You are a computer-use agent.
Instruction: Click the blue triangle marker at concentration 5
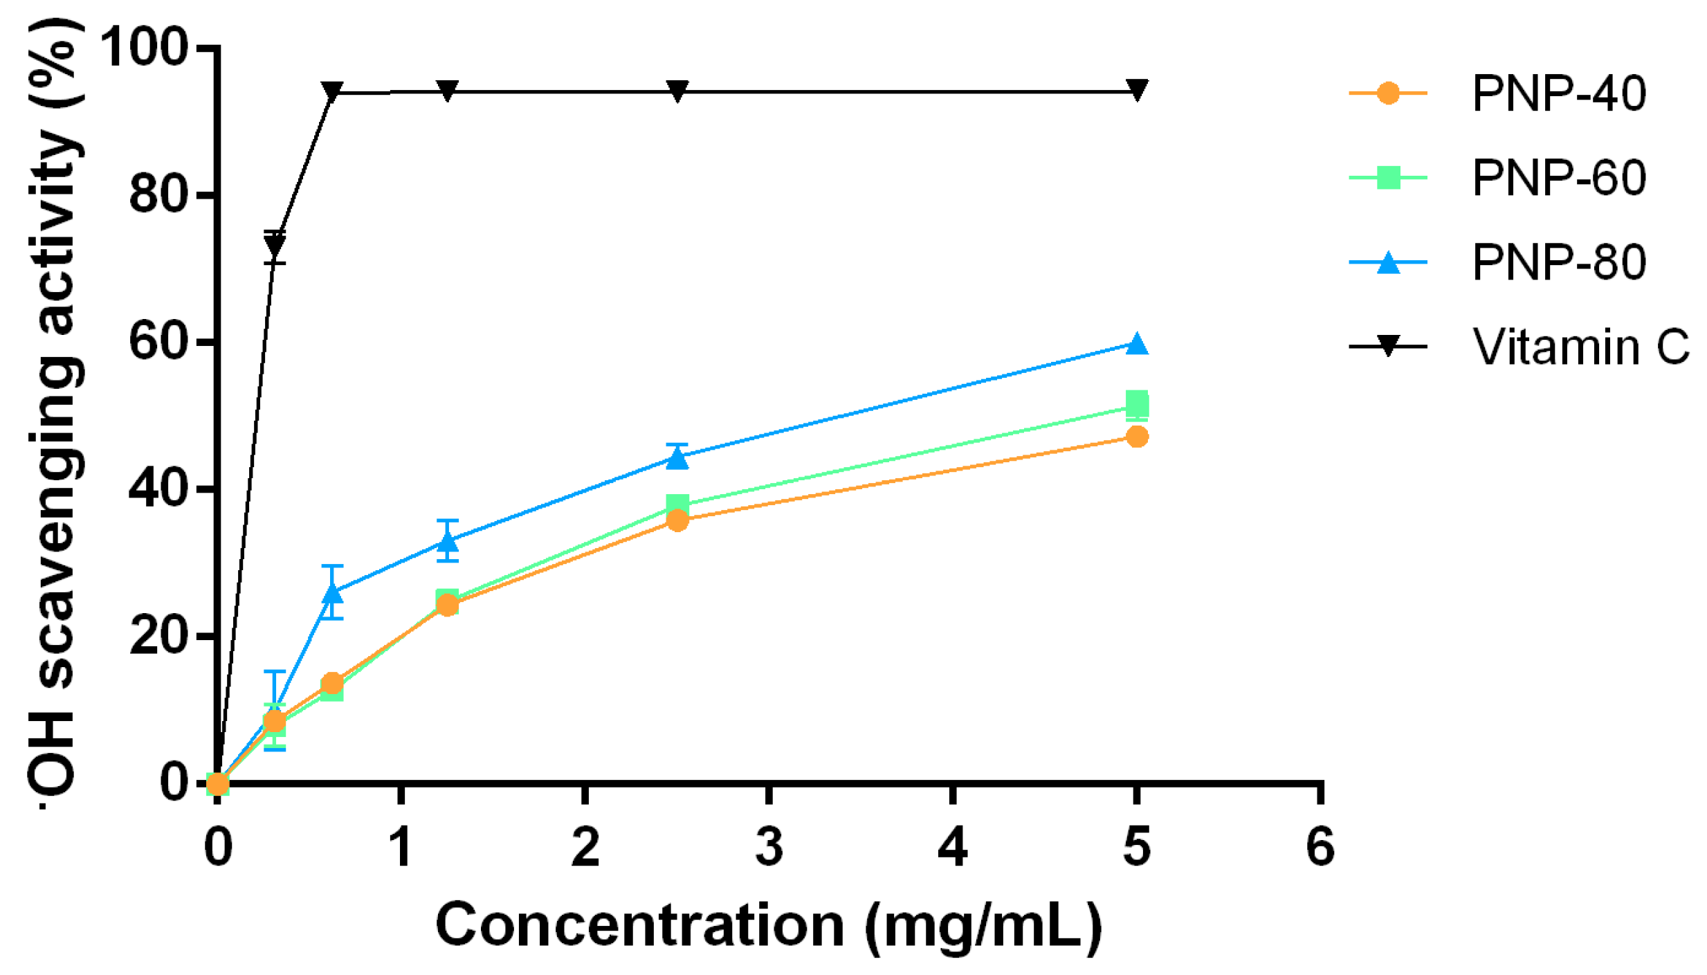pos(1136,344)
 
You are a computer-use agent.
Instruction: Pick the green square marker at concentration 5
pos(1136,403)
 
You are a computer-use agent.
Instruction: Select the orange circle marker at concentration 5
pos(1136,437)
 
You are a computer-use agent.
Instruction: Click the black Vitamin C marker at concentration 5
pos(1136,89)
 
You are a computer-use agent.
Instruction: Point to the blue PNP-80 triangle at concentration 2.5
pos(677,457)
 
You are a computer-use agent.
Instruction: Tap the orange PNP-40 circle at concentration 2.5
pos(677,520)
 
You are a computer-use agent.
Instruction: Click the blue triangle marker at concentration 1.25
pos(448,540)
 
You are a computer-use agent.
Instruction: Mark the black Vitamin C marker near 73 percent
pos(275,245)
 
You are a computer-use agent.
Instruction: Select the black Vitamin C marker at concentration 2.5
pos(677,91)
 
